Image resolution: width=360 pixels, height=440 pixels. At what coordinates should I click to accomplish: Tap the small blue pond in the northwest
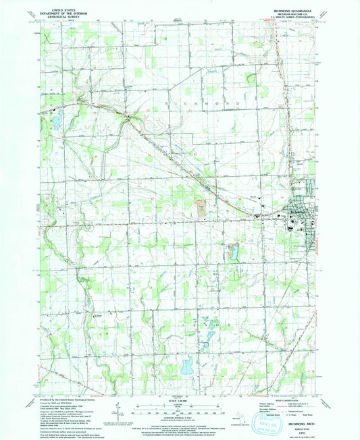(57, 121)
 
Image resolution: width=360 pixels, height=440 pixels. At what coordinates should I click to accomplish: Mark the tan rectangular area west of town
(201, 204)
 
